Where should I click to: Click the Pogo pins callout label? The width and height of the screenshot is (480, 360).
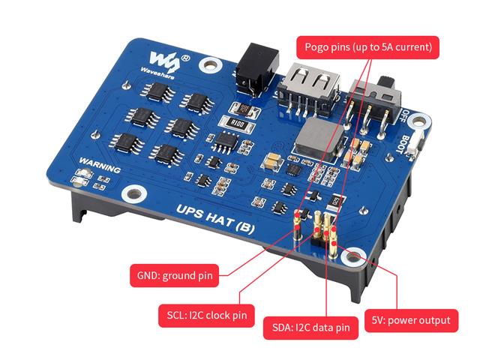tap(367, 47)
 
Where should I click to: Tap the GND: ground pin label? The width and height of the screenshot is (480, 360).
tap(175, 275)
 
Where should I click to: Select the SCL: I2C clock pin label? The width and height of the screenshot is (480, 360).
tap(207, 315)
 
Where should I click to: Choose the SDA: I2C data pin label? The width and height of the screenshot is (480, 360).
tap(310, 328)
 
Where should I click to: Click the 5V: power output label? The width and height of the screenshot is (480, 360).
tap(411, 320)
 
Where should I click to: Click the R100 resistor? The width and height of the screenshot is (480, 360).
tap(238, 123)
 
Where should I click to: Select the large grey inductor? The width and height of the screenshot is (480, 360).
tap(319, 139)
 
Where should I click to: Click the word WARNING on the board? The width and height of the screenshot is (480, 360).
tap(100, 165)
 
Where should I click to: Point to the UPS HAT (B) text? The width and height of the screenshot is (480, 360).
tap(215, 219)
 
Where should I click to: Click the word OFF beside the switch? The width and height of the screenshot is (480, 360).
tap(405, 116)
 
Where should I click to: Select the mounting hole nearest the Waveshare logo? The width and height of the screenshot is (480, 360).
tap(210, 65)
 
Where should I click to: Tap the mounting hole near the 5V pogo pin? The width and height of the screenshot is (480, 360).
tap(353, 256)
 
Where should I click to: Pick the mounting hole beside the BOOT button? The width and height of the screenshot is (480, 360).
tap(420, 121)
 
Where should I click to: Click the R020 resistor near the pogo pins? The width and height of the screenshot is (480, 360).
tap(336, 202)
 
